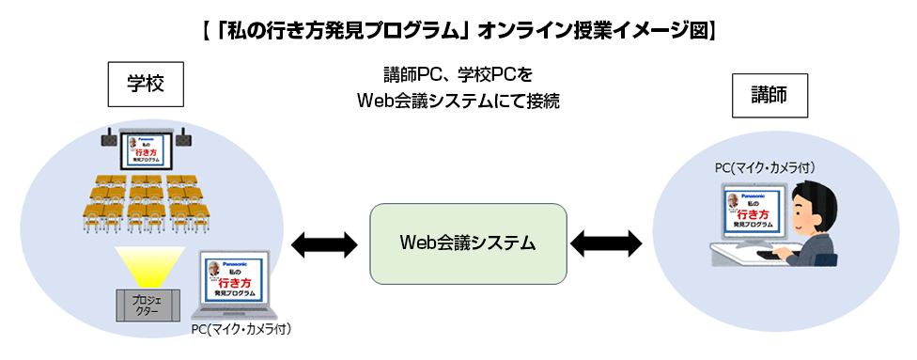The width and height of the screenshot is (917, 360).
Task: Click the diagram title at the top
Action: [458, 29]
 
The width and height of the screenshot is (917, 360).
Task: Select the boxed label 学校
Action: [146, 84]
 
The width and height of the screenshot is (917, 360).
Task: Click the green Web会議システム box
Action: [468, 243]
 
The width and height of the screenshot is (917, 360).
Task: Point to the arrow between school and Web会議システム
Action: [325, 245]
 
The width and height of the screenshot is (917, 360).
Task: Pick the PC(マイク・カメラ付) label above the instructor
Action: [764, 167]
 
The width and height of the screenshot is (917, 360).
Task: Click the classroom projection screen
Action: [145, 149]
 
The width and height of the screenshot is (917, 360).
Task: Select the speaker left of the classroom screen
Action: [109, 142]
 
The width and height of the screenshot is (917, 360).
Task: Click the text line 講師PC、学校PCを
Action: [458, 73]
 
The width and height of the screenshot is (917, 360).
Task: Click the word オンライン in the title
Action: [532, 29]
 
